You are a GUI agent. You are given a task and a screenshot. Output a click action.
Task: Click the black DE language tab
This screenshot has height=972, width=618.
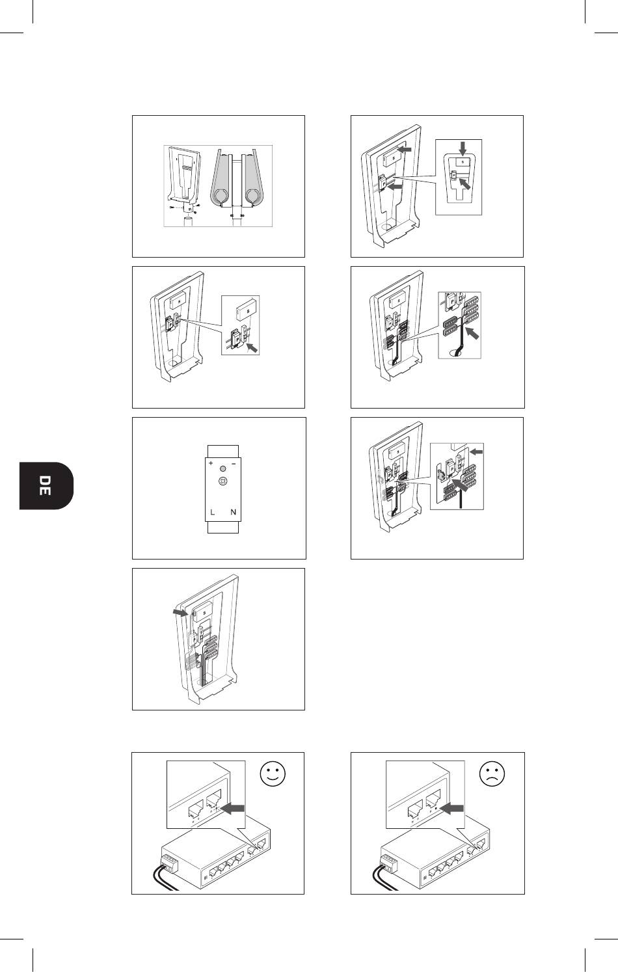point(46,485)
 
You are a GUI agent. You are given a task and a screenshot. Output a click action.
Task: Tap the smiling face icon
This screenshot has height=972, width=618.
point(273,774)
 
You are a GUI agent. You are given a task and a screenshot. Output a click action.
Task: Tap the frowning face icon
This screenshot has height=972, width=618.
point(492,774)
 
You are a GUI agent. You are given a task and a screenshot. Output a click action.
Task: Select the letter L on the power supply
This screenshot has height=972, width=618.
point(212,512)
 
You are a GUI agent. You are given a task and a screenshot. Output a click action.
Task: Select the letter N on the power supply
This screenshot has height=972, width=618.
point(233,512)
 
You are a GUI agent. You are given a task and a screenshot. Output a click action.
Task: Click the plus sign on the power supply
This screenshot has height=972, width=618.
point(211,463)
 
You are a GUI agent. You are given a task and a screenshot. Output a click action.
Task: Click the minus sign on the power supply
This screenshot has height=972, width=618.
point(234,464)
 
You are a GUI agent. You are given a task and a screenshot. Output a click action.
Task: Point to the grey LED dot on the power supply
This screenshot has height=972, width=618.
point(222,469)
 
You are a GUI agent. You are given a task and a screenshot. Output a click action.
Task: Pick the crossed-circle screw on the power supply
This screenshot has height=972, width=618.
point(222,481)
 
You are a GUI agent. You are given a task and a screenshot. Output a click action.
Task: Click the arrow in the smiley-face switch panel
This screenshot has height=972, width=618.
point(234,809)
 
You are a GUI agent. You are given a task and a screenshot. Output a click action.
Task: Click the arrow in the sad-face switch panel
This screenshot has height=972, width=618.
point(452,809)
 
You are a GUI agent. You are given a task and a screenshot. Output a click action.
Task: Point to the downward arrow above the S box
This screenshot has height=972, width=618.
point(463,150)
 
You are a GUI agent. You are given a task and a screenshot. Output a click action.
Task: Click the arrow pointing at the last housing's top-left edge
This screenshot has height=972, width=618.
point(180,612)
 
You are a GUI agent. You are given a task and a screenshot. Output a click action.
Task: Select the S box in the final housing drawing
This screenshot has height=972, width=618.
point(203,613)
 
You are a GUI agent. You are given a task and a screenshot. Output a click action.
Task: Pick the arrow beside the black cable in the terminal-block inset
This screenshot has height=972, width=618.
point(472,334)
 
